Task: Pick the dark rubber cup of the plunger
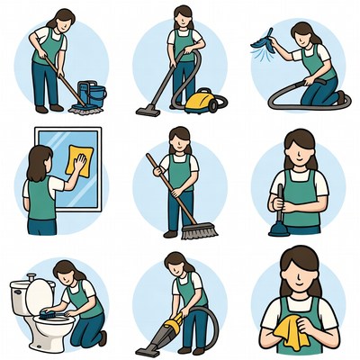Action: click(278, 228)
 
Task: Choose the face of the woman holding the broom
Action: click(181, 143)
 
